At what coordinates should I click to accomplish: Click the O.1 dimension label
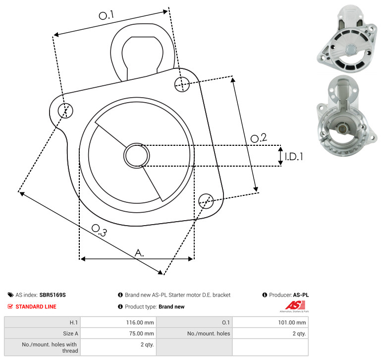(x=107, y=15)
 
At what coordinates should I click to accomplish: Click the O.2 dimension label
(x=259, y=138)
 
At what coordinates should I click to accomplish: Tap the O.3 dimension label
(x=99, y=230)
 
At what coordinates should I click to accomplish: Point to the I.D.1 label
(x=294, y=157)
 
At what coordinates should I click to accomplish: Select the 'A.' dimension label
(x=139, y=253)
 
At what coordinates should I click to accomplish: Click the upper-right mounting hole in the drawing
(x=182, y=84)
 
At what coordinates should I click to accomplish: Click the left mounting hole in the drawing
(x=65, y=111)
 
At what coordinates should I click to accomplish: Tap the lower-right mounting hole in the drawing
(x=206, y=201)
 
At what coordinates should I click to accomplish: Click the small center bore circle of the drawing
(x=137, y=156)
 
